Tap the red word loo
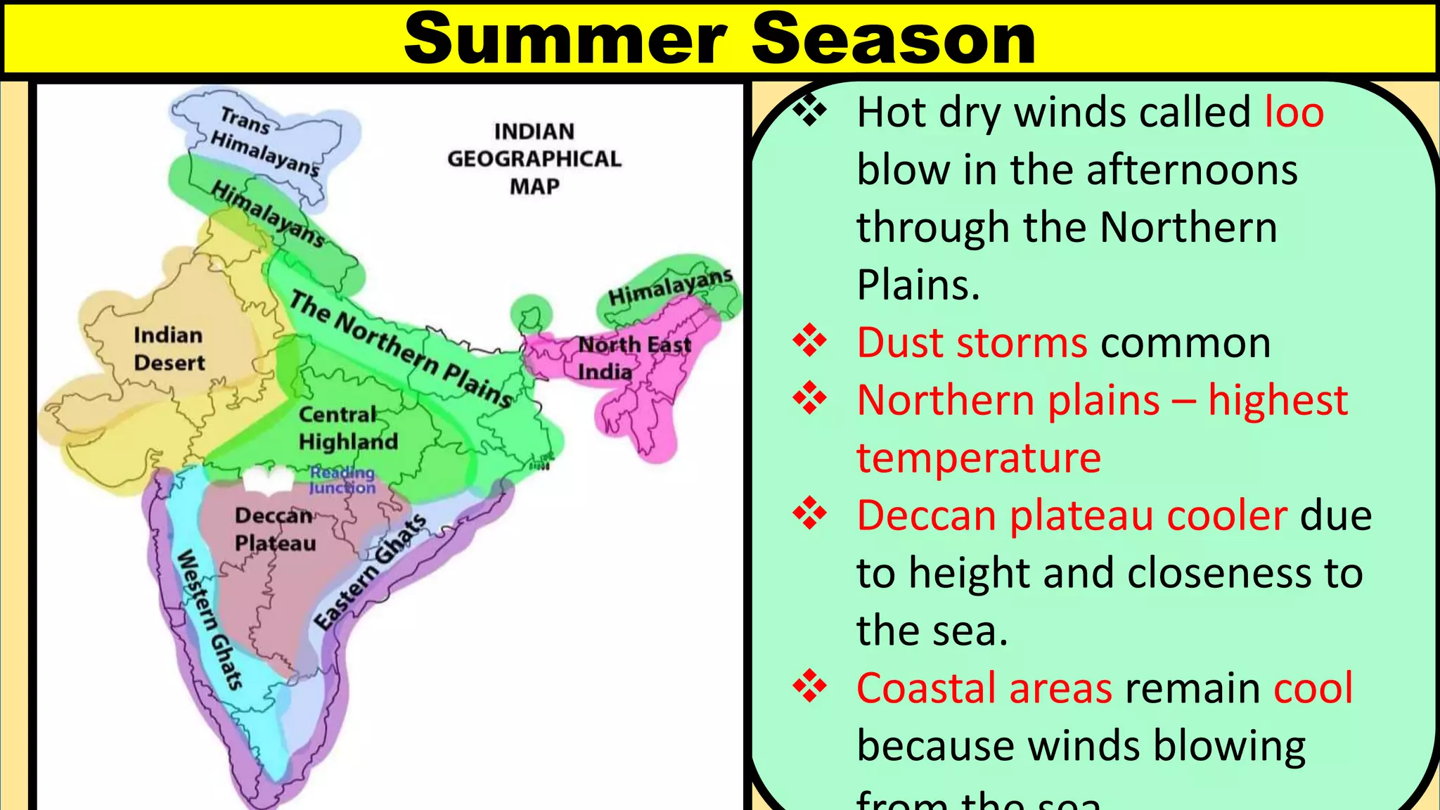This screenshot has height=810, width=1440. point(1294,112)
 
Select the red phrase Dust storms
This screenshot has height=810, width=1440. point(972,343)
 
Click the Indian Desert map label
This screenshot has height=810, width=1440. point(169,349)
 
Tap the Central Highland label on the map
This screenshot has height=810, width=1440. point(348,427)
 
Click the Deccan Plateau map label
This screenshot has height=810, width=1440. point(275,529)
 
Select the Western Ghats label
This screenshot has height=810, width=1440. point(210,619)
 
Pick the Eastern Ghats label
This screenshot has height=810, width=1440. point(370,572)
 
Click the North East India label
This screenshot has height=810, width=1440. point(633,357)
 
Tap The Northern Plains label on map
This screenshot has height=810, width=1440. point(401,349)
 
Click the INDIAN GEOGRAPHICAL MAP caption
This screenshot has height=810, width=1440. point(534,159)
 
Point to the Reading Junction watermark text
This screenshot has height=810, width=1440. point(342,480)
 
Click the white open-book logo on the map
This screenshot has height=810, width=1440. point(268,481)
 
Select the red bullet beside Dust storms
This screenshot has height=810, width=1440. point(810,341)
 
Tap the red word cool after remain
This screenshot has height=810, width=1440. point(1313,688)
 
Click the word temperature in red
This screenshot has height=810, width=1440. point(978,458)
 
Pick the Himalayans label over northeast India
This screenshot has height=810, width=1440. point(669,287)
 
